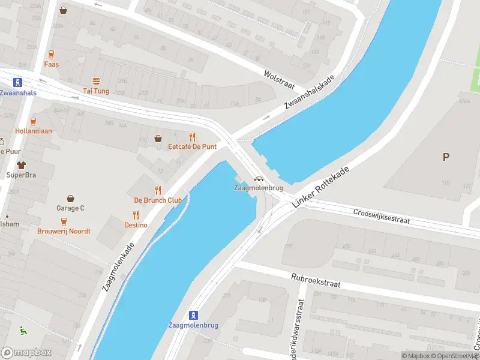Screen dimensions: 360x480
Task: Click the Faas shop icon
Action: click(51, 54)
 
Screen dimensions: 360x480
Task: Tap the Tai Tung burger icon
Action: click(95, 81)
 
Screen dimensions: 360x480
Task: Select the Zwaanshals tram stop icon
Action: click(19, 83)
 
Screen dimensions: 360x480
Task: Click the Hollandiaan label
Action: click(33, 131)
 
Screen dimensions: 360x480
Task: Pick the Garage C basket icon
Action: click(71, 198)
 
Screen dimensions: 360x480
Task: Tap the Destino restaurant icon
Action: click(136, 215)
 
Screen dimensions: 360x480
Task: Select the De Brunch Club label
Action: click(158, 200)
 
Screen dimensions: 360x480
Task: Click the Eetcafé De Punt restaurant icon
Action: click(192, 137)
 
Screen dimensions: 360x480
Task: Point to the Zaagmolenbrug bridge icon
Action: click(259, 178)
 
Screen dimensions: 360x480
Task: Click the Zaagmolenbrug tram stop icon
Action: click(193, 315)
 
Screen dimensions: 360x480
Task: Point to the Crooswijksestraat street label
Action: click(382, 216)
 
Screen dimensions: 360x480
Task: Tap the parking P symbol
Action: click(446, 157)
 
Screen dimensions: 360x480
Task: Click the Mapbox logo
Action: click(26, 353)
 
